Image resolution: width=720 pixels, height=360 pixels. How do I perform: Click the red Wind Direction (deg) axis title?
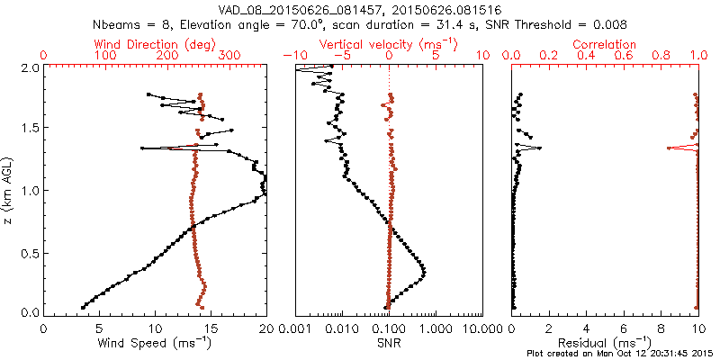(156, 43)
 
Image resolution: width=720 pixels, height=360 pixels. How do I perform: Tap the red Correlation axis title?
(605, 43)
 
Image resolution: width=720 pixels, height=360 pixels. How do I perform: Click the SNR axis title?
(389, 343)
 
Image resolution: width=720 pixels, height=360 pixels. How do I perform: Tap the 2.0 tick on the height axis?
(29, 67)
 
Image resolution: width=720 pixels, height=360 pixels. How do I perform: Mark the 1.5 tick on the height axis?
(29, 129)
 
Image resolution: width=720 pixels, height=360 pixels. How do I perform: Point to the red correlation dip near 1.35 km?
(668, 148)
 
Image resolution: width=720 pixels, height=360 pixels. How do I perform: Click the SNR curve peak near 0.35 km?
(425, 271)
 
